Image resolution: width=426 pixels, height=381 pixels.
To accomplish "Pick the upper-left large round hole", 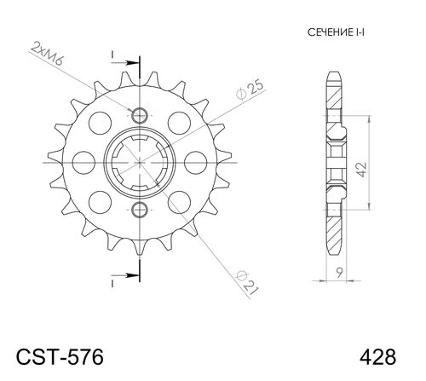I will [x=101, y=121].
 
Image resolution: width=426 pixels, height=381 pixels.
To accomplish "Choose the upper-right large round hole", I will [x=181, y=121].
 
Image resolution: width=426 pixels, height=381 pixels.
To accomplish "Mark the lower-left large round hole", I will [x=101, y=201].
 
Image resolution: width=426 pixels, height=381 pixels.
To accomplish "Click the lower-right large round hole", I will [x=181, y=201].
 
